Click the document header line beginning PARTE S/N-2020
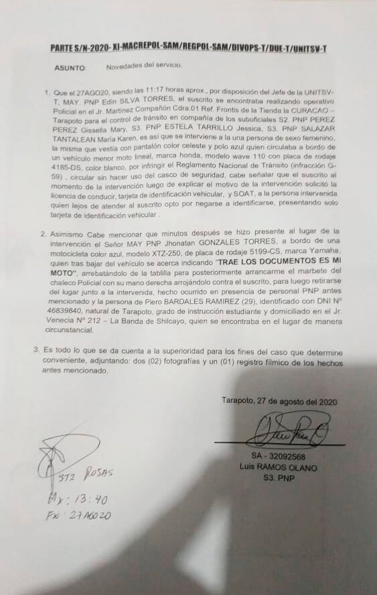[x=188, y=48]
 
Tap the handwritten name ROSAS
[x=98, y=474]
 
